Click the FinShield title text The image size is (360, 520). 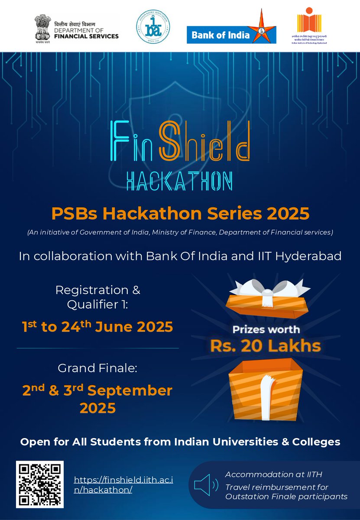(x=180, y=139)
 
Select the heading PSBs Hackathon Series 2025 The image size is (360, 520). (x=180, y=214)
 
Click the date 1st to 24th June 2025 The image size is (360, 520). (x=97, y=327)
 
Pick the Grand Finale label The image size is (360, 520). (x=97, y=369)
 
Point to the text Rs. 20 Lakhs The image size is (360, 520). (x=266, y=346)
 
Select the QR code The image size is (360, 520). (x=40, y=484)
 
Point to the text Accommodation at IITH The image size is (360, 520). (x=273, y=474)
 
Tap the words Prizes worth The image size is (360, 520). (x=266, y=329)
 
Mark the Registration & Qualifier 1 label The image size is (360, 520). (x=97, y=297)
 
